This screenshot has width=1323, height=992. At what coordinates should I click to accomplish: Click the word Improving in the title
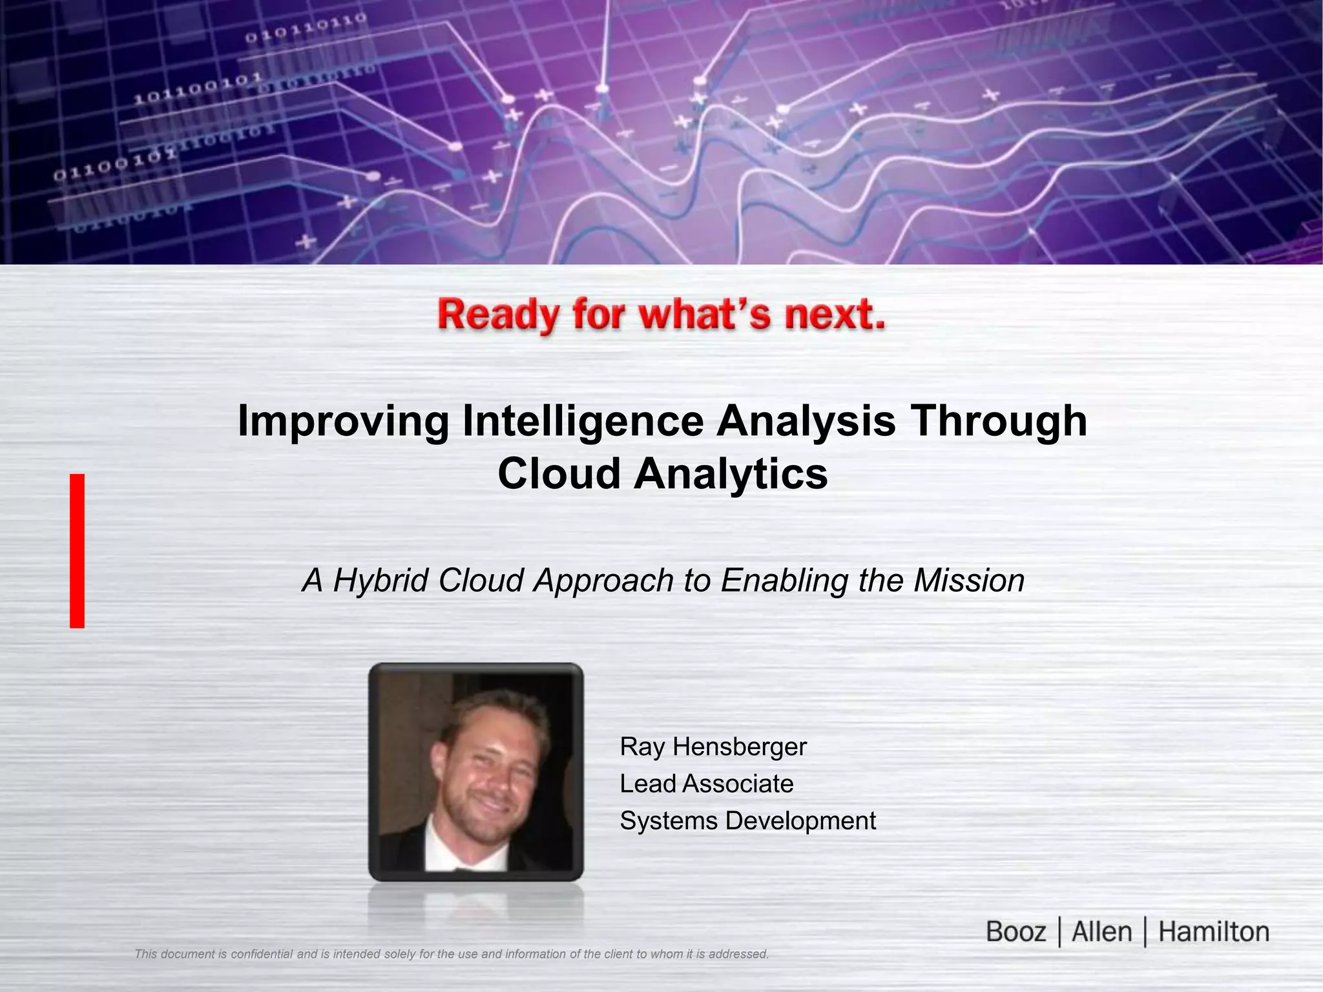click(343, 421)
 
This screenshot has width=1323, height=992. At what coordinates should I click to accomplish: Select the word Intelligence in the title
click(583, 421)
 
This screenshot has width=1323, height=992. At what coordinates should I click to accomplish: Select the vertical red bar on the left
click(78, 551)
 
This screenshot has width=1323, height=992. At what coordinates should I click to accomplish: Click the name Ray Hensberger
click(713, 747)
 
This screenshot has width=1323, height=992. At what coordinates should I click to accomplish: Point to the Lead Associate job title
click(706, 784)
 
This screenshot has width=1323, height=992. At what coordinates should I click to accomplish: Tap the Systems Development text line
click(747, 821)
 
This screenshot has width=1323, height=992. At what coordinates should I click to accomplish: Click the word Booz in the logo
click(1016, 932)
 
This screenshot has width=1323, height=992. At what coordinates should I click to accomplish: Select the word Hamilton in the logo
click(1213, 932)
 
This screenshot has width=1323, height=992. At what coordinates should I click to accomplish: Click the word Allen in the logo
click(1101, 932)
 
